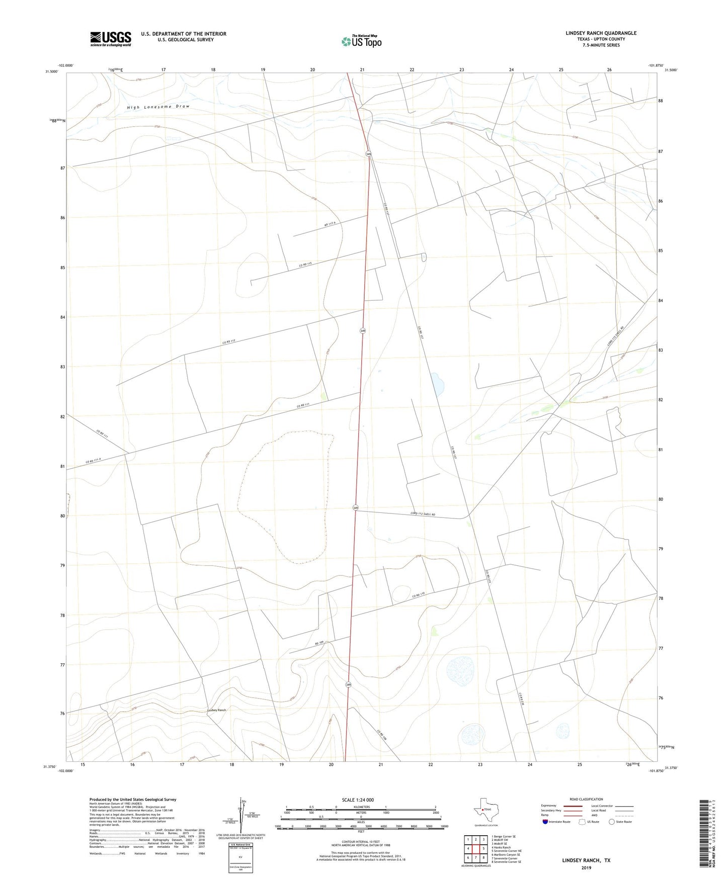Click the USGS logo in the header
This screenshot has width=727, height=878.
coord(111,39)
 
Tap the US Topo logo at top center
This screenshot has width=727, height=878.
coord(361,41)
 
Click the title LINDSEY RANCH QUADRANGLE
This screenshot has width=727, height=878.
coord(601,33)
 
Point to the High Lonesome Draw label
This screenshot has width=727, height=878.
coord(158,107)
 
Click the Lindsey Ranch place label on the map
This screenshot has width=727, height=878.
coord(217,710)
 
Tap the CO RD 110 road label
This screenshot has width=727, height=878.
coord(419,595)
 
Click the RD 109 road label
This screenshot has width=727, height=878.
coord(319,643)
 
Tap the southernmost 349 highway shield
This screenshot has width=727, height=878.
coord(348,685)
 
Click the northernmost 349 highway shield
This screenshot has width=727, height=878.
coord(369,154)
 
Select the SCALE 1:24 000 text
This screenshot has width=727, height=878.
coord(358,800)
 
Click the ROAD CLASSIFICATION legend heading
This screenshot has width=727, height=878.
coord(586,799)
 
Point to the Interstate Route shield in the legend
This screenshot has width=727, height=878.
coord(545,822)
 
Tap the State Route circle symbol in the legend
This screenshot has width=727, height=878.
coord(612,822)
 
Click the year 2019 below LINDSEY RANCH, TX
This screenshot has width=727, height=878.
coord(586,867)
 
